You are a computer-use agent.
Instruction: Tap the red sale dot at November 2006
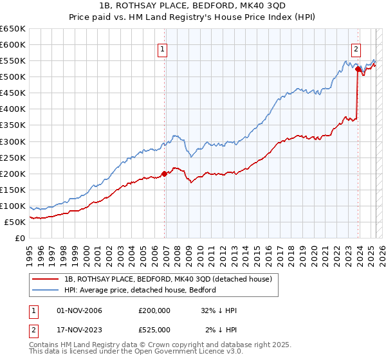(164, 173)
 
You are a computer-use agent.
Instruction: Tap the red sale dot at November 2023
(358, 69)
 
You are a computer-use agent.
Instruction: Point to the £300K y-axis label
(14, 141)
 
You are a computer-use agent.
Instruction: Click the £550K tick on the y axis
(14, 61)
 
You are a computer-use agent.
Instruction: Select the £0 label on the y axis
(21, 238)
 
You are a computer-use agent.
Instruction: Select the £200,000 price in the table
(154, 310)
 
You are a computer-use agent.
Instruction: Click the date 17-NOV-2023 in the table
(80, 330)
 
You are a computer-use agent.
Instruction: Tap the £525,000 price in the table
(154, 330)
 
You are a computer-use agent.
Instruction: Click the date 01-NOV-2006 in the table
(80, 310)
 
